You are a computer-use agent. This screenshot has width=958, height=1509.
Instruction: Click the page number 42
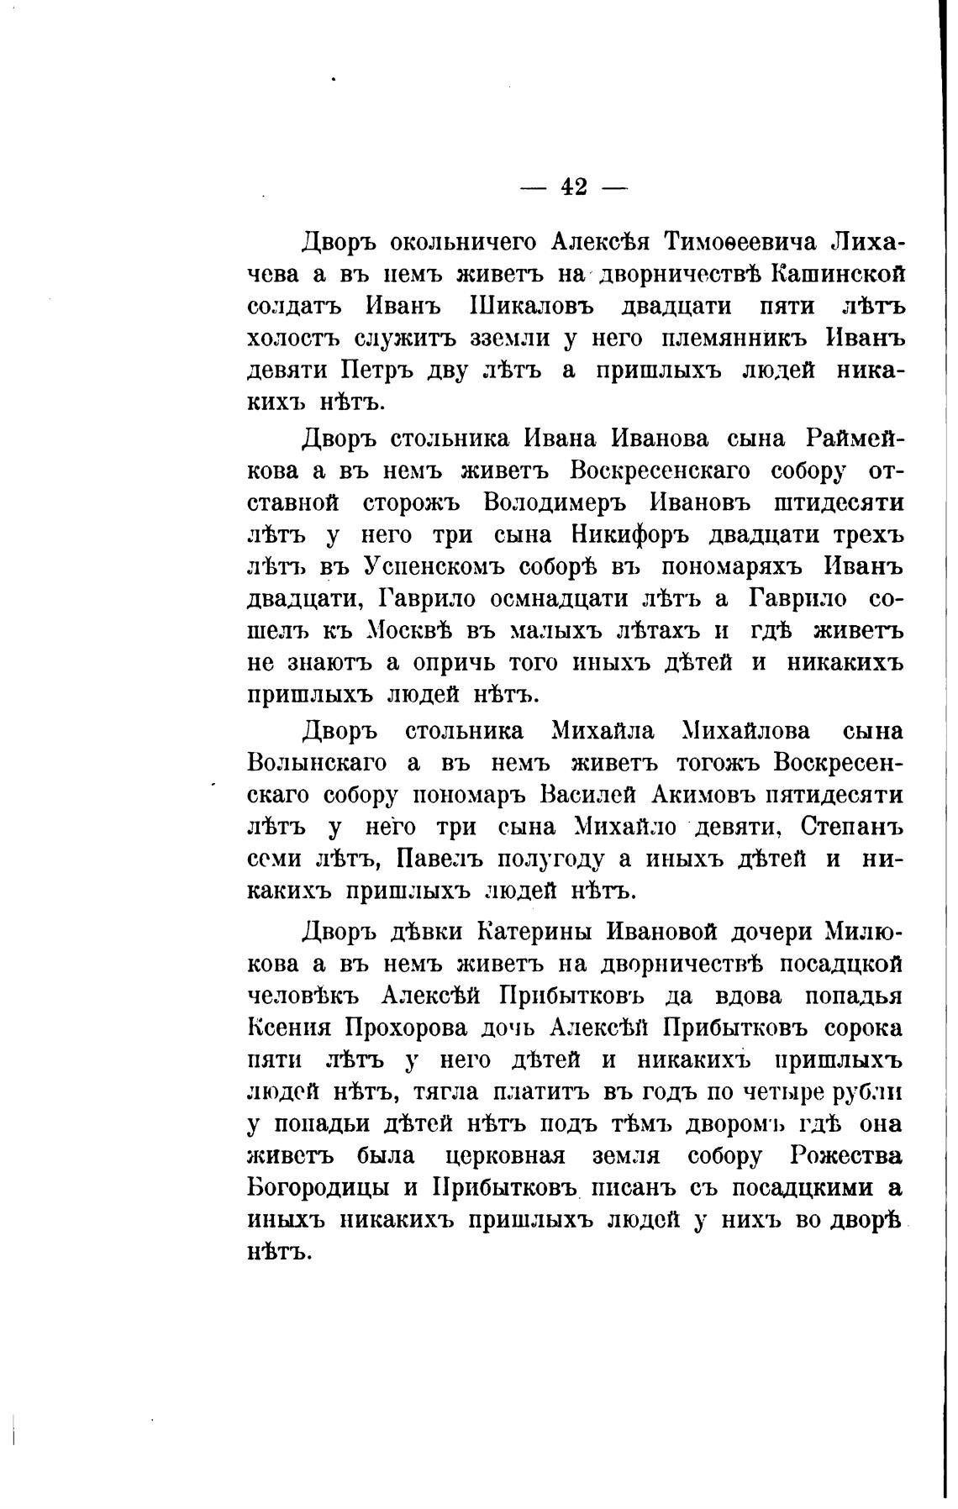[574, 187]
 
